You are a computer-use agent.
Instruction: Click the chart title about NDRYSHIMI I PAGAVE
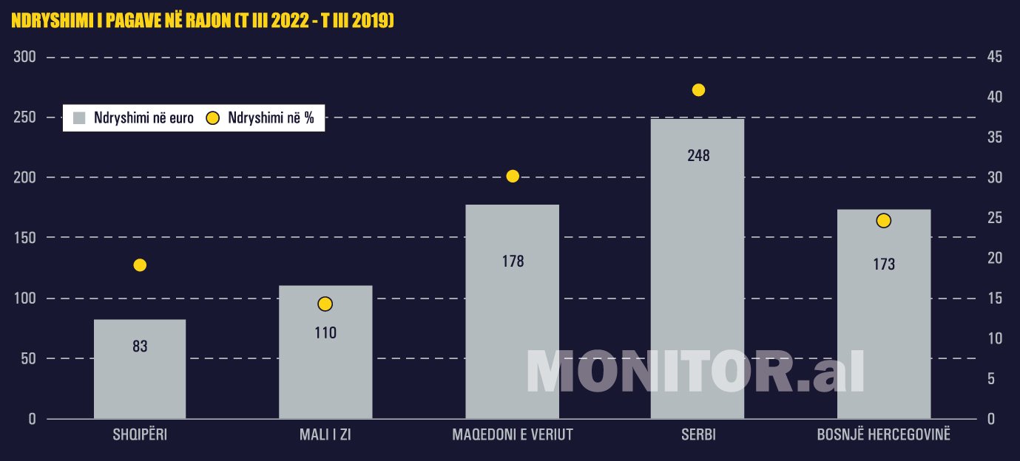pyautogui.click(x=202, y=22)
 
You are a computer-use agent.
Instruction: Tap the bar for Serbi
pyautogui.click(x=697, y=281)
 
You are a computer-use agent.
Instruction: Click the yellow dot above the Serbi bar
pyautogui.click(x=698, y=90)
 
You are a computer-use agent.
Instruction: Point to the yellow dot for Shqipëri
pyautogui.click(x=140, y=265)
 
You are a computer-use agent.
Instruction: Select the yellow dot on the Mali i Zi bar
pyautogui.click(x=325, y=304)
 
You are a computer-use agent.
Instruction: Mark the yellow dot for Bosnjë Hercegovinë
pyautogui.click(x=883, y=220)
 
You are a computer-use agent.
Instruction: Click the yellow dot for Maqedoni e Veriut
pyautogui.click(x=513, y=176)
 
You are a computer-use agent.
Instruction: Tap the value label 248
pyautogui.click(x=698, y=155)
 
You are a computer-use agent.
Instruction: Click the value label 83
pyautogui.click(x=140, y=346)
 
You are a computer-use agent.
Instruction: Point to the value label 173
pyautogui.click(x=883, y=264)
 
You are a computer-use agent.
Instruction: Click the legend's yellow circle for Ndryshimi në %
pyautogui.click(x=212, y=118)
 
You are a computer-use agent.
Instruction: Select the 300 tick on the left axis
pyautogui.click(x=26, y=58)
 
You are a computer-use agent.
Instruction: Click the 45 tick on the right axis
pyautogui.click(x=994, y=58)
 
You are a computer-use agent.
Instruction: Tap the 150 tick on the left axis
pyautogui.click(x=26, y=238)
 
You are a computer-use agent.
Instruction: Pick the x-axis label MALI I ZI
pyautogui.click(x=325, y=434)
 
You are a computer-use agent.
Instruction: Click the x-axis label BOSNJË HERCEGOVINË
pyautogui.click(x=883, y=434)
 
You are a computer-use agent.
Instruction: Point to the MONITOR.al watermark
pyautogui.click(x=695, y=372)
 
